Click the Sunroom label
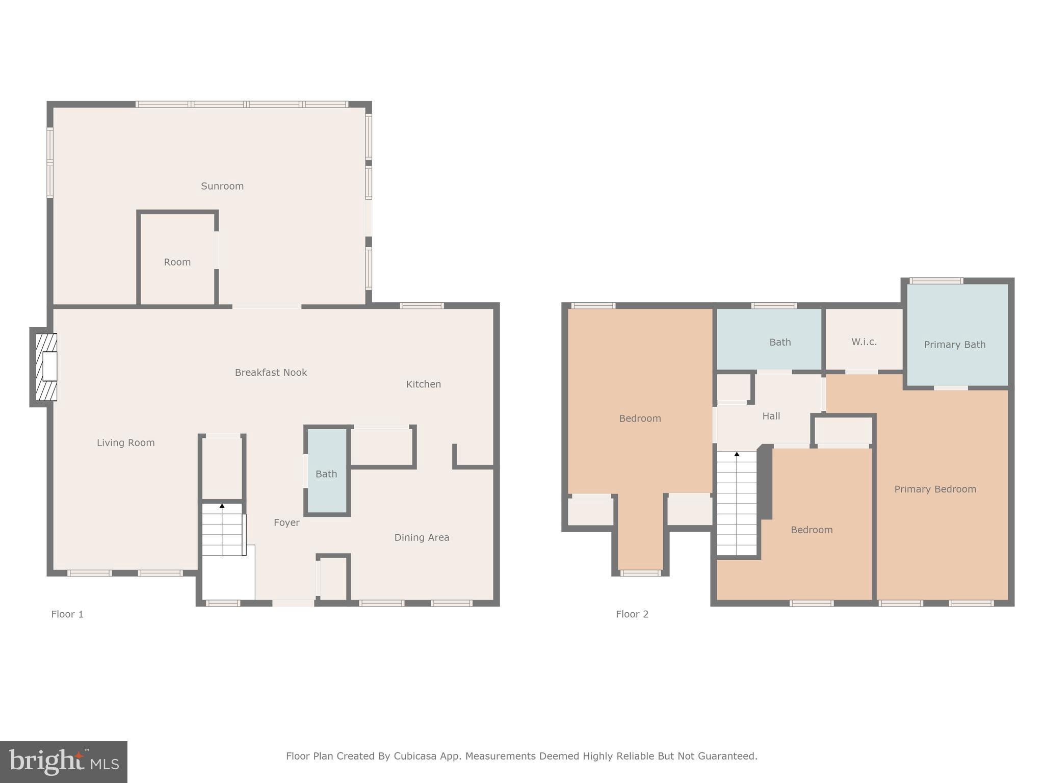coord(222,186)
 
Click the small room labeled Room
coord(177,262)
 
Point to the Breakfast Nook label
coord(271,373)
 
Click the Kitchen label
coord(423,384)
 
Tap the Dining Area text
coord(422,537)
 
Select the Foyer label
coord(286,523)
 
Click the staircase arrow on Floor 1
coord(222,506)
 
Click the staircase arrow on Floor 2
coord(737,454)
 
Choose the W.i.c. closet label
coord(864,342)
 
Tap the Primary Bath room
coord(954,345)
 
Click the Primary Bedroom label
coord(935,489)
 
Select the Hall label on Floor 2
coord(771,416)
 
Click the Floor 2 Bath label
coord(780,342)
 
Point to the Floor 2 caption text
coord(632,614)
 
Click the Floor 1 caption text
coord(67,614)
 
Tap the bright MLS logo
coord(64,762)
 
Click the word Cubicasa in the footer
coord(414,756)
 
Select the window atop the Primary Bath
coord(936,281)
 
